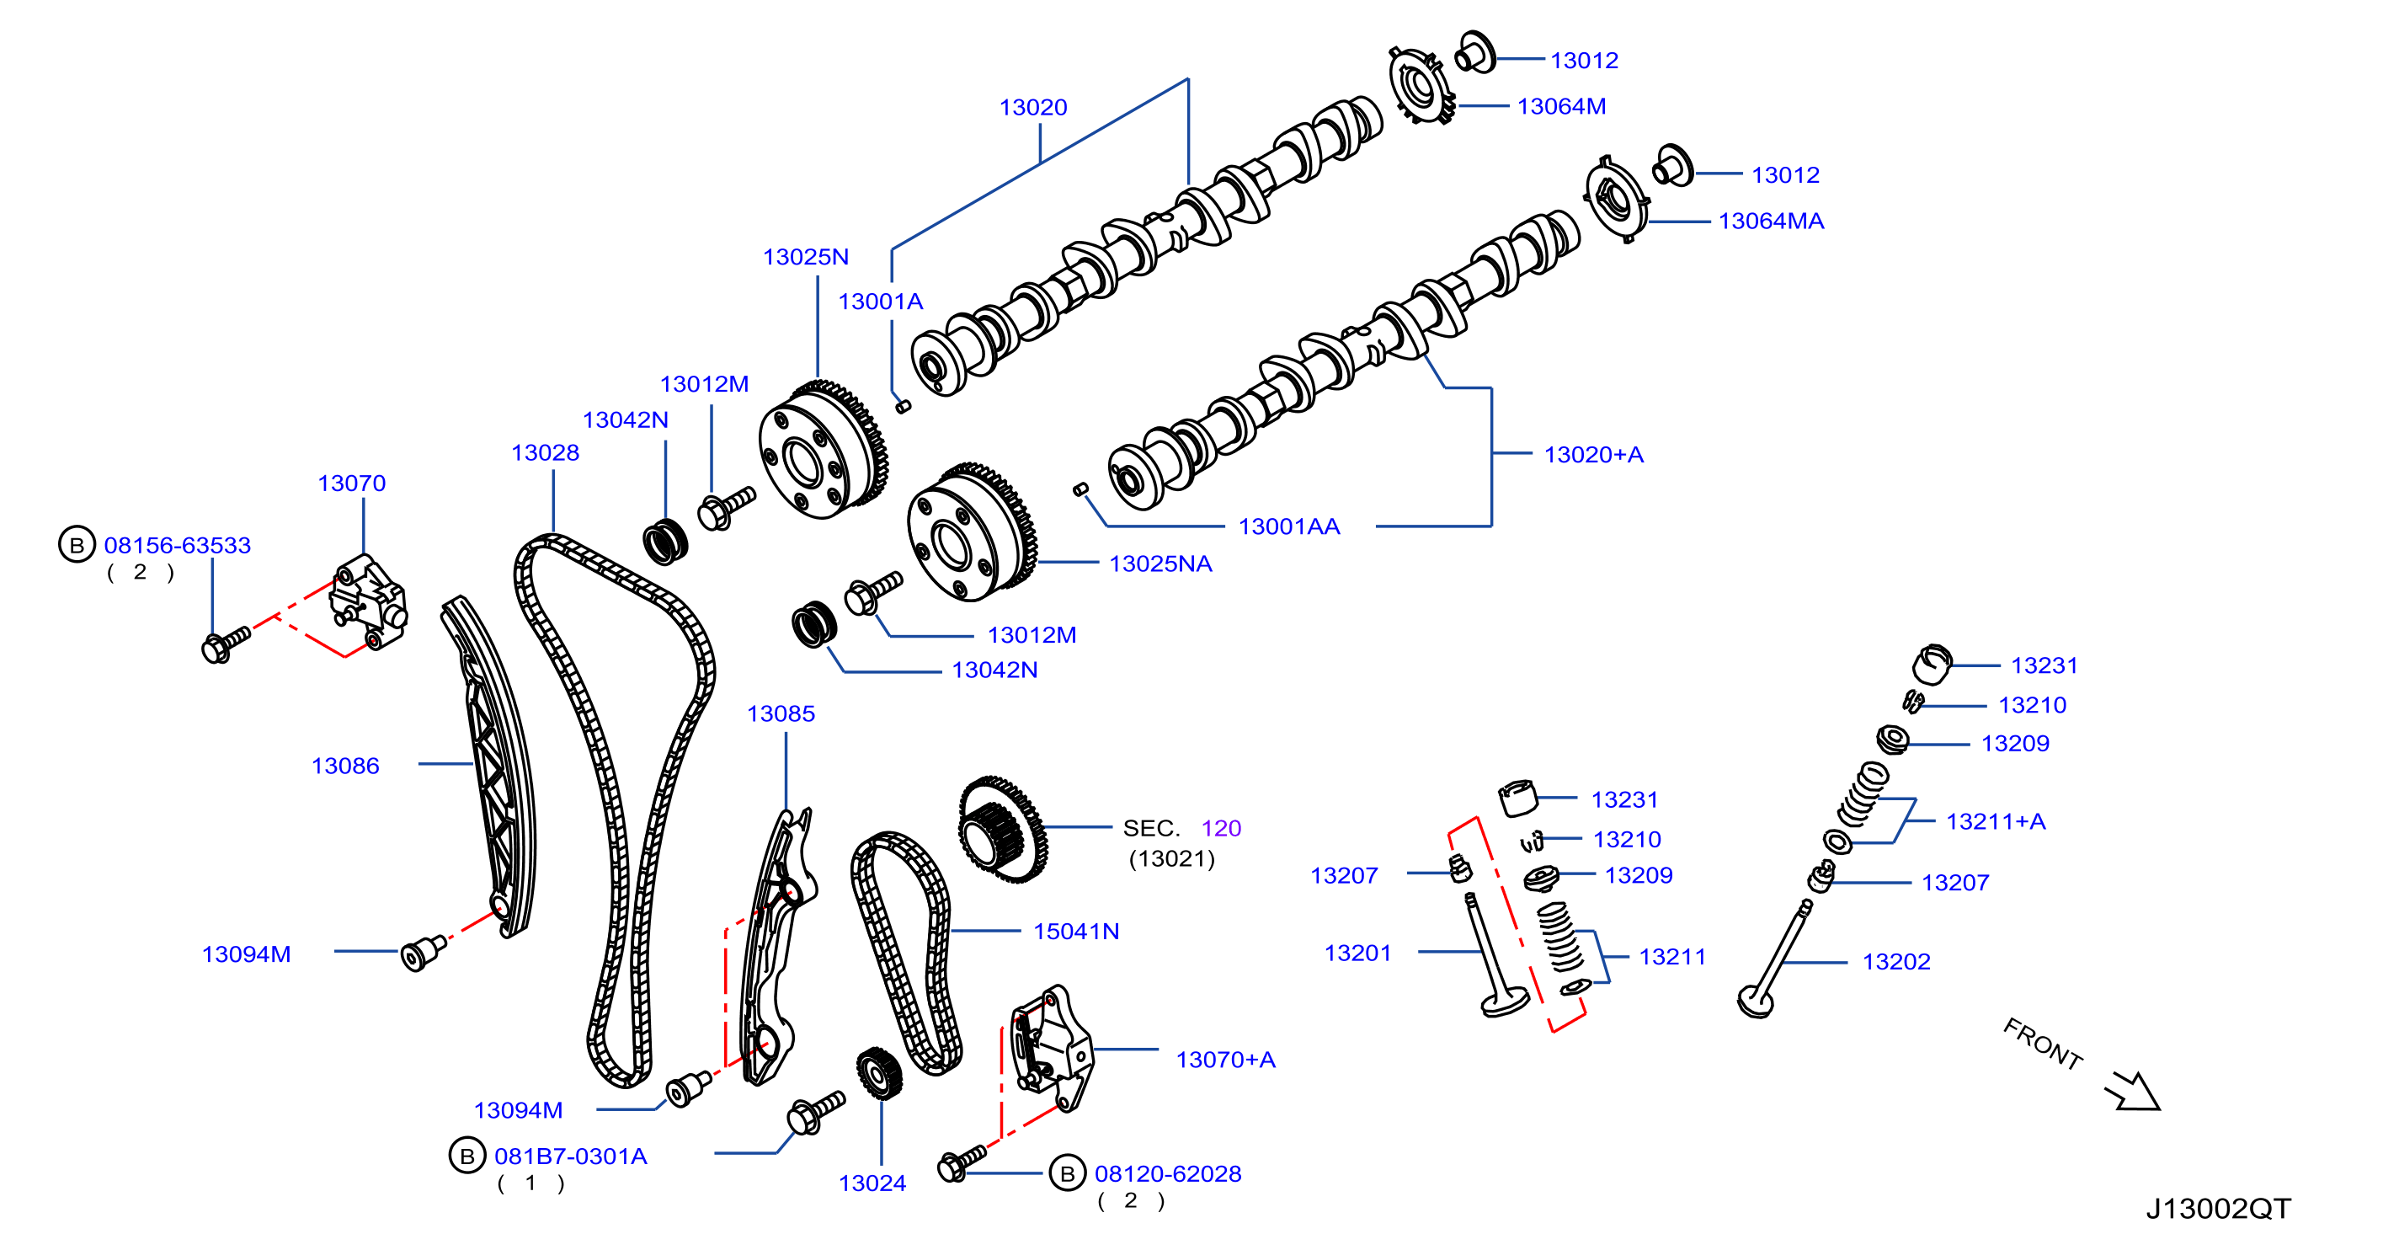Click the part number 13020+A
(1593, 454)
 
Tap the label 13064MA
(1771, 222)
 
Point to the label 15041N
(1076, 931)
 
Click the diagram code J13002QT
(2218, 1209)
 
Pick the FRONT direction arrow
(2132, 1091)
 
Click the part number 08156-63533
(177, 545)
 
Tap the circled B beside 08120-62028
(1067, 1173)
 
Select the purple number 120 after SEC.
(1221, 828)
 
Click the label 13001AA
(1288, 526)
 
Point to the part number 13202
(1895, 961)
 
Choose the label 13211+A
(1996, 820)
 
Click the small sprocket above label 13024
(878, 1073)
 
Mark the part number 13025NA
(1160, 564)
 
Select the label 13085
(781, 713)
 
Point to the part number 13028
(545, 452)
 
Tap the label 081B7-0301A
(570, 1156)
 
